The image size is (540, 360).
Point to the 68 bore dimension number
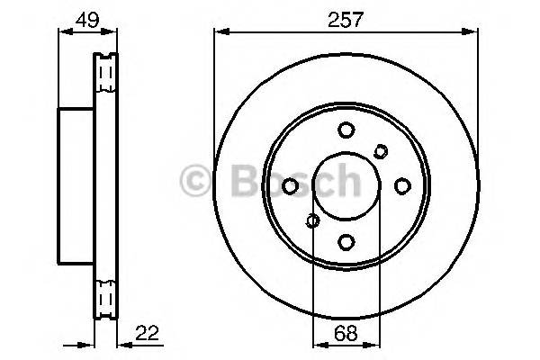(x=346, y=333)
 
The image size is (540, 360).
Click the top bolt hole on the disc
(x=346, y=130)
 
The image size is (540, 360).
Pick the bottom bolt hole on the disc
(x=346, y=241)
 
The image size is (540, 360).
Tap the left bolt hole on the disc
(x=291, y=185)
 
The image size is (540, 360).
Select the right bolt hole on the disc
(x=402, y=185)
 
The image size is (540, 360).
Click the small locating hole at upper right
(x=380, y=151)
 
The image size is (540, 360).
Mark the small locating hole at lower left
(x=313, y=220)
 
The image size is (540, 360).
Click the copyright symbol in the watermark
(x=194, y=180)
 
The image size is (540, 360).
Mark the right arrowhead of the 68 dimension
(x=375, y=346)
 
